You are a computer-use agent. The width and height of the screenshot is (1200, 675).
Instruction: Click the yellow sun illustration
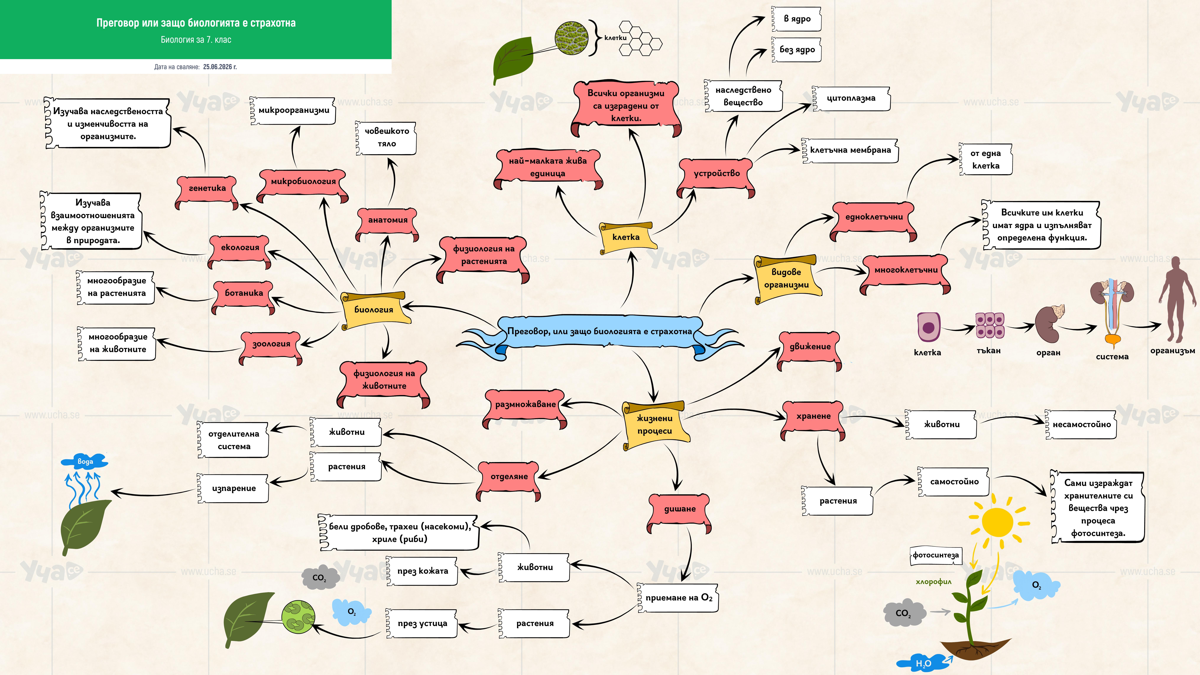pos(997,522)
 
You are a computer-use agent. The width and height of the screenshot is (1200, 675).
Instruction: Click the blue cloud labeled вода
pos(85,461)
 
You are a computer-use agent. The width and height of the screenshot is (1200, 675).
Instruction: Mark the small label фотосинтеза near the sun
pos(935,555)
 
